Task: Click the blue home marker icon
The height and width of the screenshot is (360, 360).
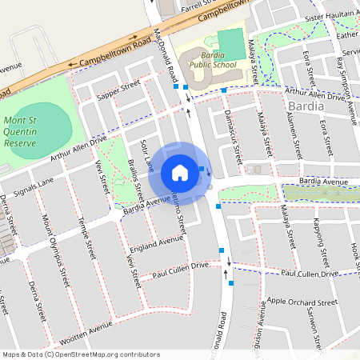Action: pos(180,172)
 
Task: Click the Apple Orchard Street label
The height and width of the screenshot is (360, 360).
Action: pos(302,303)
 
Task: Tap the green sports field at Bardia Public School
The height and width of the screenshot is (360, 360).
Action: pos(230,42)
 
